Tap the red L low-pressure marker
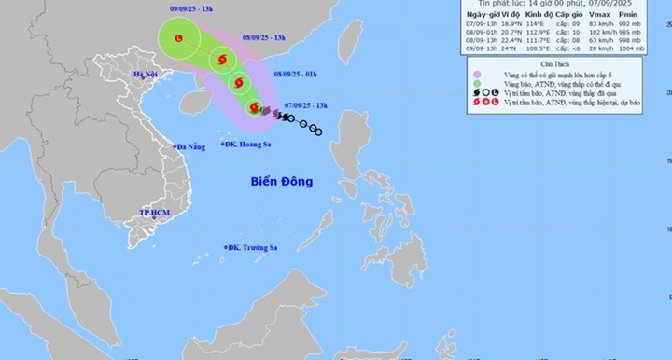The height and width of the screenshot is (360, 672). click(x=180, y=36)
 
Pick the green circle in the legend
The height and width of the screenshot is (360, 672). click(x=479, y=83)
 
